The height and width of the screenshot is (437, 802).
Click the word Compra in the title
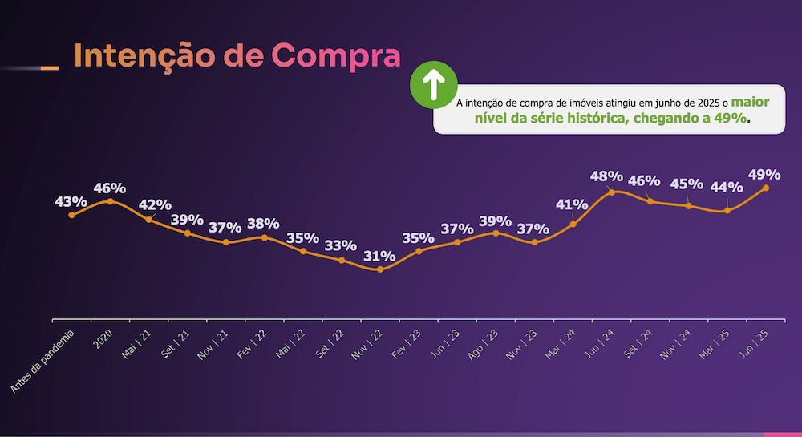click(x=335, y=56)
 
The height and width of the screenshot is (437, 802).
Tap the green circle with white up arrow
click(x=433, y=83)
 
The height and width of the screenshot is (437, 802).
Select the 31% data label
click(x=379, y=257)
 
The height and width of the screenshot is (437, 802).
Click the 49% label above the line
click(x=764, y=174)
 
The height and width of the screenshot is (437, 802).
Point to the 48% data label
click(x=606, y=176)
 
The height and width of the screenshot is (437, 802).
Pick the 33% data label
click(x=341, y=245)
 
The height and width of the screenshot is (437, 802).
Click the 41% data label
click(x=573, y=204)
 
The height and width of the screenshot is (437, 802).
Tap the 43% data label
click(x=71, y=201)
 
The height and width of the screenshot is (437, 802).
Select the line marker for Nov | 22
click(x=380, y=269)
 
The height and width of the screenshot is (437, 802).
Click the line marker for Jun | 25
click(x=766, y=188)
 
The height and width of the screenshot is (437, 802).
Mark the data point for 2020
click(x=110, y=200)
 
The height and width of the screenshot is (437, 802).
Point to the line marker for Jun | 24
click(x=612, y=192)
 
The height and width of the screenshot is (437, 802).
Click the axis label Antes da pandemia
click(x=44, y=360)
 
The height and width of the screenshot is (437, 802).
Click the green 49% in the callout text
click(x=734, y=118)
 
